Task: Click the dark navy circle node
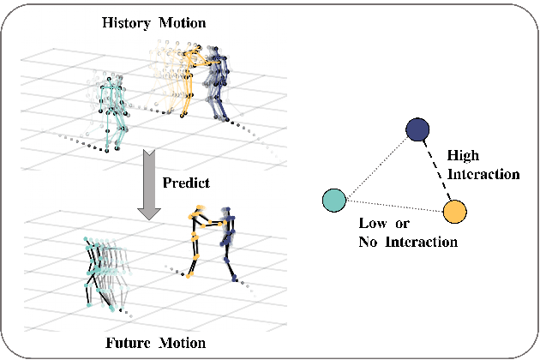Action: tap(417, 129)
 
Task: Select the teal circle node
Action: tap(333, 201)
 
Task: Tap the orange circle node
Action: tap(455, 210)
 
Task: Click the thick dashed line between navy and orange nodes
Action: tap(436, 170)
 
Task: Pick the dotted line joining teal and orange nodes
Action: tap(393, 205)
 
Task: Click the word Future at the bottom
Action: tap(129, 343)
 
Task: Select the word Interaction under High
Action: tap(484, 173)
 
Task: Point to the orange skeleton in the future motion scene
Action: tap(200, 240)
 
